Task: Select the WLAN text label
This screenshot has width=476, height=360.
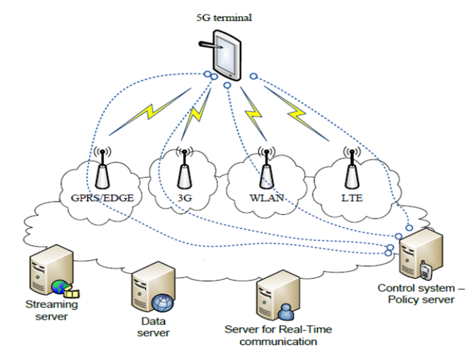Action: click(x=267, y=199)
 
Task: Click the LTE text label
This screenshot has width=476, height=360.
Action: click(x=352, y=199)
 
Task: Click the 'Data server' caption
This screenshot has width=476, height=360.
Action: click(x=152, y=327)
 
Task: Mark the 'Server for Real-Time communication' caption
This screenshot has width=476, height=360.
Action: click(x=278, y=335)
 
